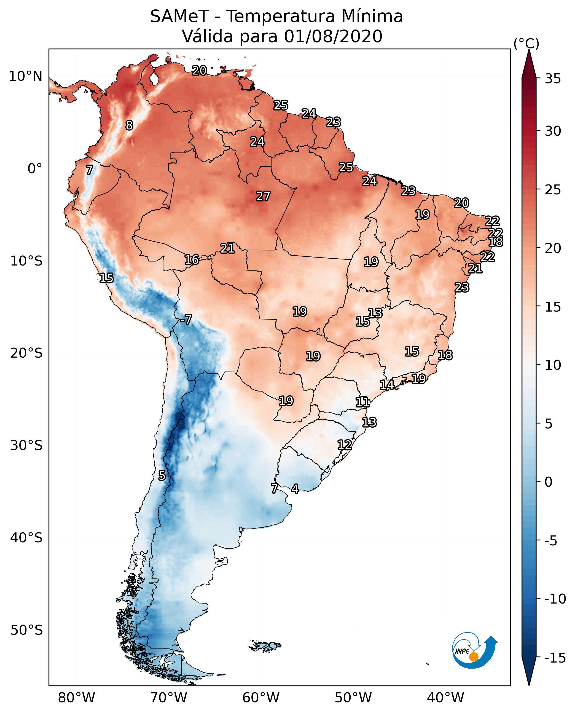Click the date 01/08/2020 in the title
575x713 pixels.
(x=333, y=36)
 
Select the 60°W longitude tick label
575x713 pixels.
(x=261, y=698)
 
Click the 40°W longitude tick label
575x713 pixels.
(x=445, y=698)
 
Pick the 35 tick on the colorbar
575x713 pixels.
(x=553, y=79)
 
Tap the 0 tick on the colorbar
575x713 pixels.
(x=549, y=482)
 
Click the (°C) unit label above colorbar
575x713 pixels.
(x=526, y=43)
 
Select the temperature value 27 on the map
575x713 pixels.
(x=263, y=196)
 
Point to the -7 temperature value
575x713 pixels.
(x=186, y=319)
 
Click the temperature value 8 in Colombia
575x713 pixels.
(x=129, y=125)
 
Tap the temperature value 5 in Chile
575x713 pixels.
(x=162, y=475)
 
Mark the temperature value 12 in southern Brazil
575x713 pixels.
(x=345, y=445)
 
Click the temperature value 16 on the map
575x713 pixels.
(x=192, y=260)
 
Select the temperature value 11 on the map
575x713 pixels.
(x=362, y=402)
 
